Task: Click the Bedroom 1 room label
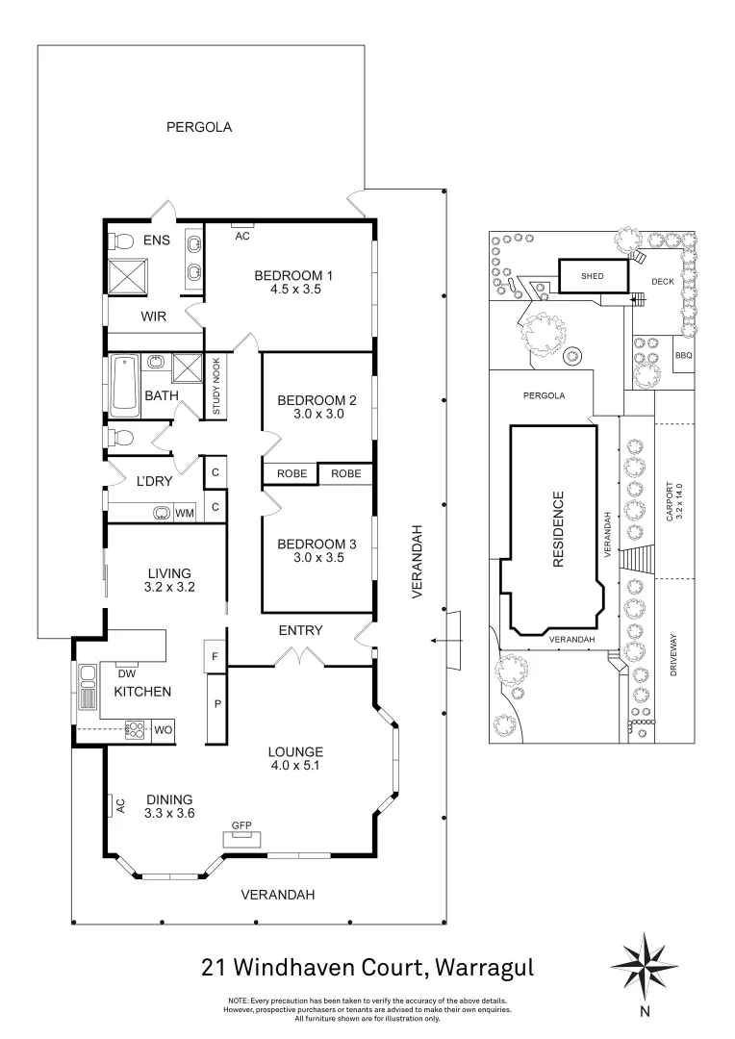(286, 277)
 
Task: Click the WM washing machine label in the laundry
(184, 514)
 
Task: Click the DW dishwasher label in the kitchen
(125, 672)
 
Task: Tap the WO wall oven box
(165, 731)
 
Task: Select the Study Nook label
(216, 387)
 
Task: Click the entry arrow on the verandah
(443, 641)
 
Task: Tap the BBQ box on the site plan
(683, 355)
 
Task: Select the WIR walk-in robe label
(155, 316)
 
